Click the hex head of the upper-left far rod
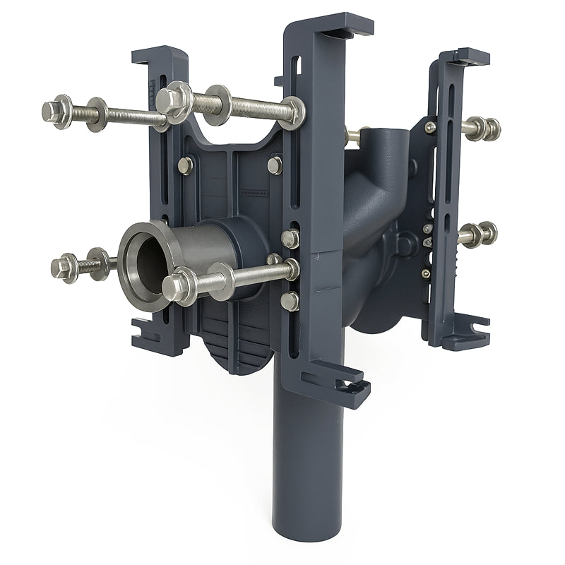(53, 110)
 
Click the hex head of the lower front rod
(177, 286)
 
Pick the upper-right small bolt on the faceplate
(275, 165)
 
